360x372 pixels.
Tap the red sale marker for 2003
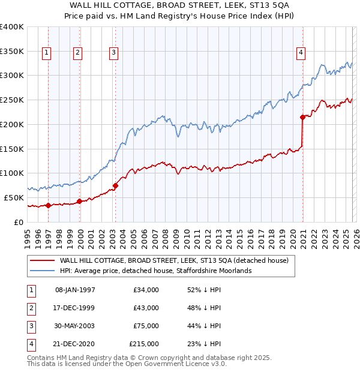click(116, 185)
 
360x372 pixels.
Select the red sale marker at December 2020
click(302, 117)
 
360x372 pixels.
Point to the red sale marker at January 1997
click(49, 205)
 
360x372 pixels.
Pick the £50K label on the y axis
click(14, 197)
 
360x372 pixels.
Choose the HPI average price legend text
click(155, 271)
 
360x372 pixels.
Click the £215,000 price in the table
click(144, 344)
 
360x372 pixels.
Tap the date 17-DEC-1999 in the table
click(75, 308)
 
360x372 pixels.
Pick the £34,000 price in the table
click(146, 290)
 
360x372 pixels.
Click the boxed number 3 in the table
click(29, 326)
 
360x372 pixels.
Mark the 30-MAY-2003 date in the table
click(75, 326)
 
